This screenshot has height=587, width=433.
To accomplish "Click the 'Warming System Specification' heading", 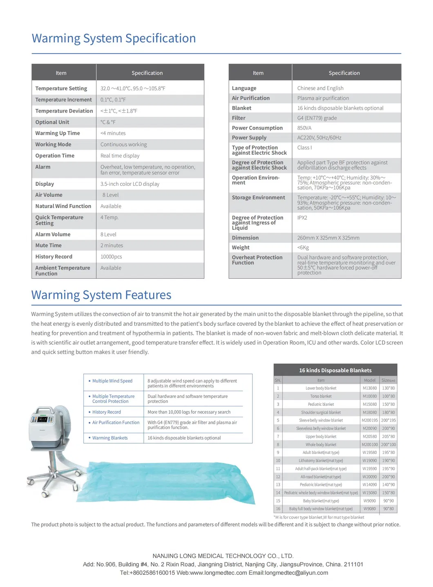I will coord(114,38).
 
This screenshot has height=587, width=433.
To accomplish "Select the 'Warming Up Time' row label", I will coord(58,133).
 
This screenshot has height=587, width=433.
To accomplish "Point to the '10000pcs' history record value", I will coord(111,257).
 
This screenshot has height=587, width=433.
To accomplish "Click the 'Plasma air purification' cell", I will coord(323,98).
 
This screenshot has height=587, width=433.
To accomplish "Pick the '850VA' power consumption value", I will coord(304,128).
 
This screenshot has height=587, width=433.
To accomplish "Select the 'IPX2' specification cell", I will coord(302,218).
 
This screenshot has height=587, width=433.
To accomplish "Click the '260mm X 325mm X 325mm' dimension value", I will coord(328,238).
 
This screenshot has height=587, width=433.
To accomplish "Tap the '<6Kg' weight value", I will coord(303,248).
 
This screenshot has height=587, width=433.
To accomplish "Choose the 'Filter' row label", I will coord(239,118).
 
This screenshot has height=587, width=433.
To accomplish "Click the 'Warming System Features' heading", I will coord(101,295).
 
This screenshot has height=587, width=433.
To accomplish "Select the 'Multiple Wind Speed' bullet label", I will coord(112,381).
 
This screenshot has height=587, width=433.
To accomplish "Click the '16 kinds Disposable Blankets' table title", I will coord(335,371).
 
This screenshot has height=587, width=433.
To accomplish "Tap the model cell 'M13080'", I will coord(370,388).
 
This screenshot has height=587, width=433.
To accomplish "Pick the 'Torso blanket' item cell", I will coord(321,396).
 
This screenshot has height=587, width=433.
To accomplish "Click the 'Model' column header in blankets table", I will coord(370,380).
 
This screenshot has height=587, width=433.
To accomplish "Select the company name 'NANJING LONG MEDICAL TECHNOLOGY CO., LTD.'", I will coord(223,556).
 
